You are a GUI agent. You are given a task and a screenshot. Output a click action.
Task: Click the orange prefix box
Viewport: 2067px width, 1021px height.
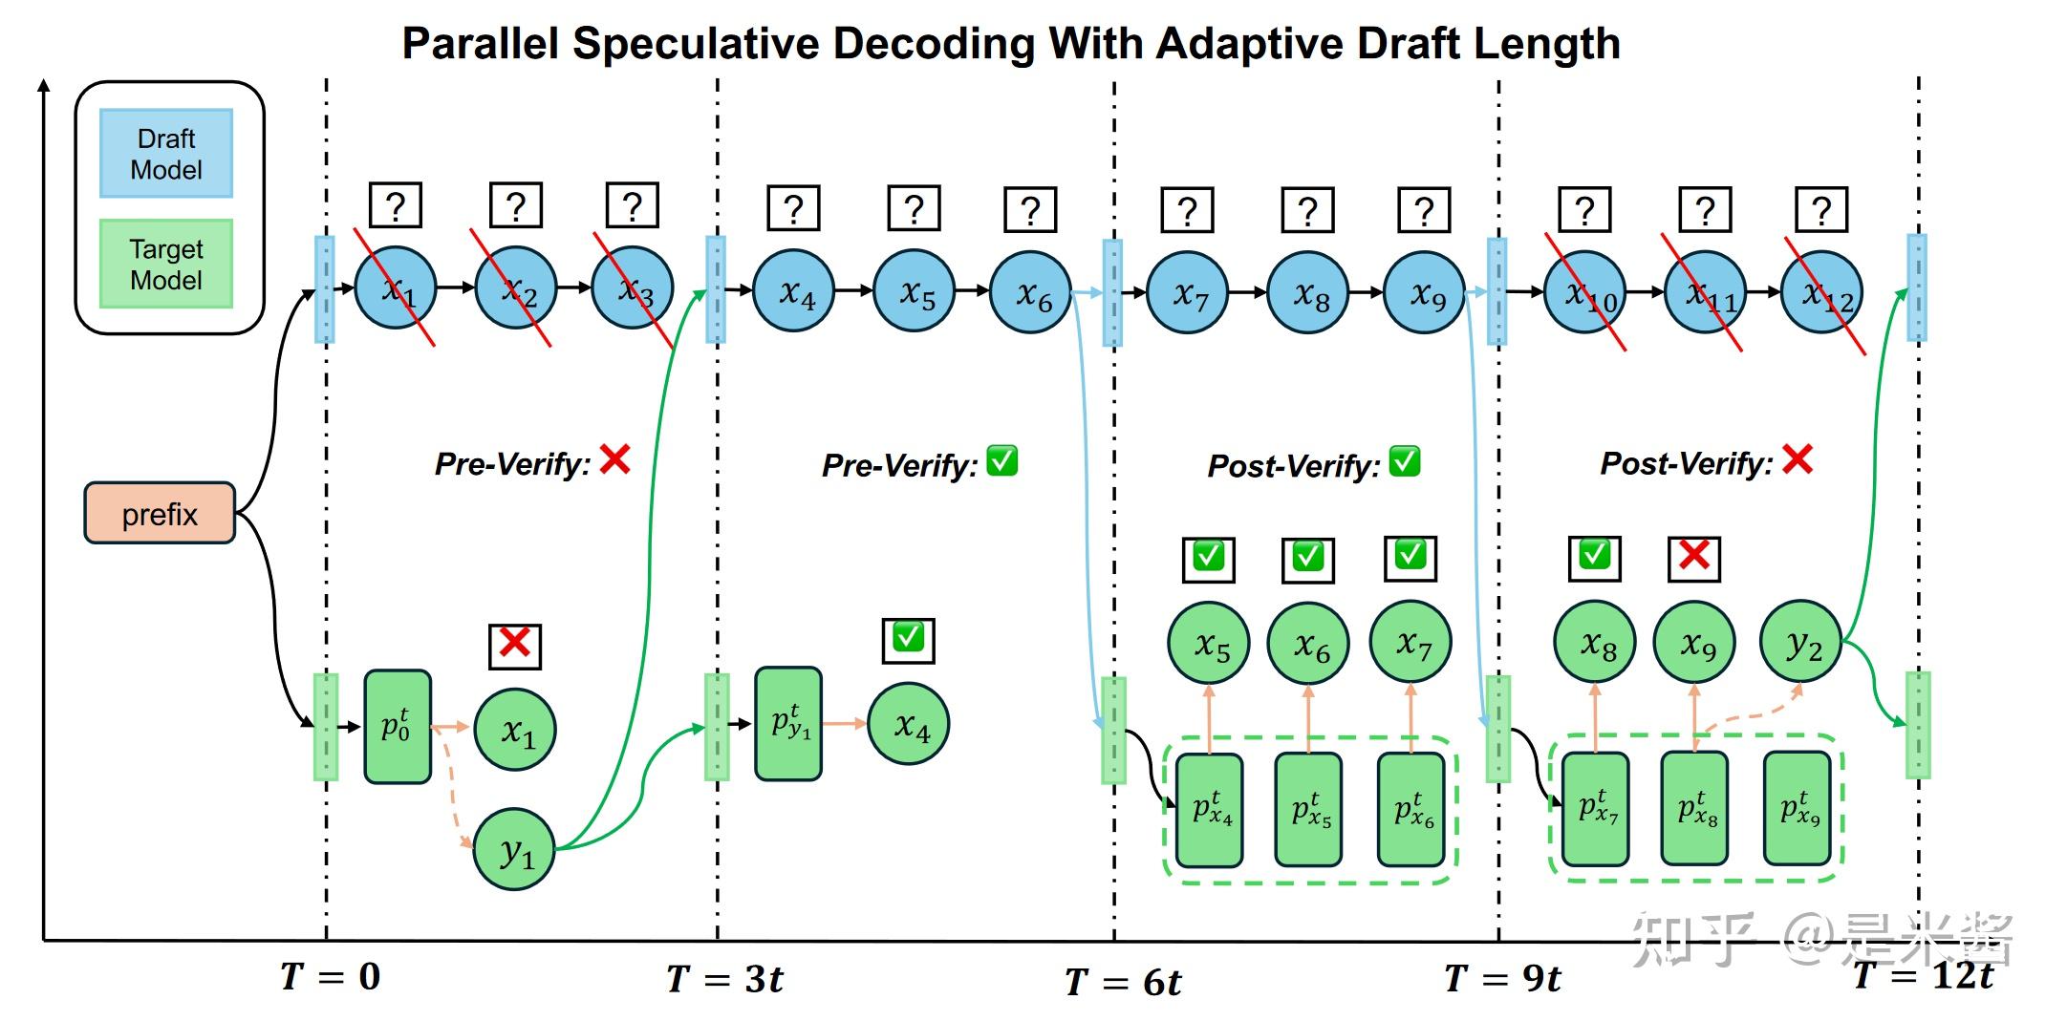(x=160, y=514)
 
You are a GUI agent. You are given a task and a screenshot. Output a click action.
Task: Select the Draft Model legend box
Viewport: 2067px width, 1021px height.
(x=166, y=154)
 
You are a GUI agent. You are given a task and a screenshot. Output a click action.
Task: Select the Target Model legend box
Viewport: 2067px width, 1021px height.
(x=166, y=265)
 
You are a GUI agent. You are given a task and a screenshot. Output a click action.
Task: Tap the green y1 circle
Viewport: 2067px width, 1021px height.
(x=514, y=849)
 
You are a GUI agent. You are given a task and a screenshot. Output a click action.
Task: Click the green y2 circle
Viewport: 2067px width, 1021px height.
(x=1800, y=642)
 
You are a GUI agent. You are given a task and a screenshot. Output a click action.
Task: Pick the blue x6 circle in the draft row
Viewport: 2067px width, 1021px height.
(x=1031, y=292)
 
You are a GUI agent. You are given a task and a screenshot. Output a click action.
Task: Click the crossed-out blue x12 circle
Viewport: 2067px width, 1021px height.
(x=1821, y=292)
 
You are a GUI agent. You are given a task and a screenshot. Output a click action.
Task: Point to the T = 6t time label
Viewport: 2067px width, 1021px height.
(x=1123, y=982)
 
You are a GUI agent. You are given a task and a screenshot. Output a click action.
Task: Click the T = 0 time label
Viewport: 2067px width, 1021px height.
(x=331, y=976)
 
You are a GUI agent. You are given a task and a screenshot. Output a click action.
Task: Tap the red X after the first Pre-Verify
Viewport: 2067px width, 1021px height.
(x=614, y=459)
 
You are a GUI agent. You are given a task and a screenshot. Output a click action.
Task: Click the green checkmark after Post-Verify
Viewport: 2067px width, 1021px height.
(x=1404, y=461)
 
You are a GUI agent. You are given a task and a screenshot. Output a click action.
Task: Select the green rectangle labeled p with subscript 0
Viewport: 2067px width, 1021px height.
(x=398, y=727)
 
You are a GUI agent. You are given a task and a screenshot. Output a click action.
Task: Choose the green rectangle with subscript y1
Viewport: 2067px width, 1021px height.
(x=788, y=724)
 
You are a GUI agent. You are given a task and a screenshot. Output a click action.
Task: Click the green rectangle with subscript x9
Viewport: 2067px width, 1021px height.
(x=1798, y=808)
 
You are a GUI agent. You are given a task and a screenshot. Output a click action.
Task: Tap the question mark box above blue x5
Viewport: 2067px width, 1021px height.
(x=914, y=209)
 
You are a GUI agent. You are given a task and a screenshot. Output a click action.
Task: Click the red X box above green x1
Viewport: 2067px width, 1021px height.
(x=515, y=645)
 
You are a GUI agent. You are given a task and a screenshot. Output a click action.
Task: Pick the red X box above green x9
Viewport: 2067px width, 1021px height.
(x=1693, y=558)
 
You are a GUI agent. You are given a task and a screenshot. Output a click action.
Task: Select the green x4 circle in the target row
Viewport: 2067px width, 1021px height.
(x=909, y=724)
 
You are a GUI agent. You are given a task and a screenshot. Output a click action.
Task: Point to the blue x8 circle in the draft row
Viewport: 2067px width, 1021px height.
(x=1307, y=292)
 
